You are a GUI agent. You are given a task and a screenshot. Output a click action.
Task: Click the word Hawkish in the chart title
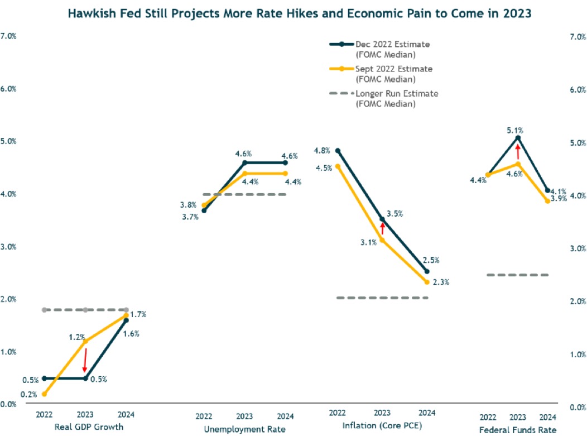click(x=91, y=13)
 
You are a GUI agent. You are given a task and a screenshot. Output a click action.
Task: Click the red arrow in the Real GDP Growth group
click(x=85, y=359)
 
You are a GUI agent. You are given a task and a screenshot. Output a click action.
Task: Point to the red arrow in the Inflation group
click(x=383, y=228)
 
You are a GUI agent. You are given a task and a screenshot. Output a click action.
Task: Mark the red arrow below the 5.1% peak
click(x=518, y=151)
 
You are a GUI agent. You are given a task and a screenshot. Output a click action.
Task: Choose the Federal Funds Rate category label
click(x=518, y=430)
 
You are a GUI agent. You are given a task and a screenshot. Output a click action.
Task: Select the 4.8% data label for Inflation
click(x=322, y=151)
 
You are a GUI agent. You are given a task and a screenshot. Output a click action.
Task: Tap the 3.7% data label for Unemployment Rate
click(x=190, y=217)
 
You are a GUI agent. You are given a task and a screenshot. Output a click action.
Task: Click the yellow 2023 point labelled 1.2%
click(x=85, y=341)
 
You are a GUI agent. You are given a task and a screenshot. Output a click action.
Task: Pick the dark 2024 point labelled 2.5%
click(x=427, y=271)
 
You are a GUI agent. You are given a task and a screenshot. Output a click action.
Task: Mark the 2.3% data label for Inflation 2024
click(x=441, y=282)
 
